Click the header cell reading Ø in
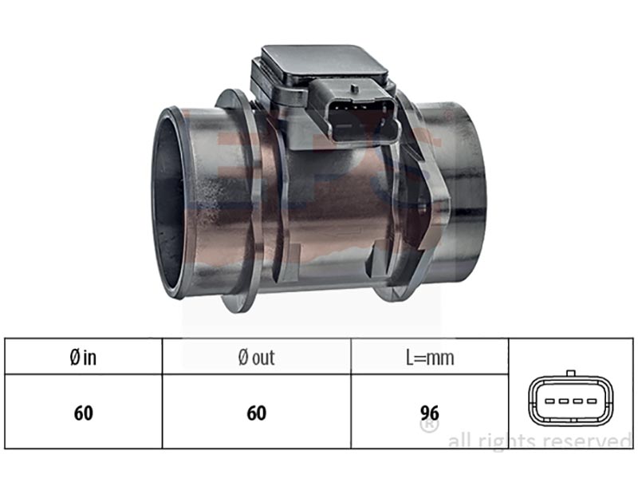coord(83,358)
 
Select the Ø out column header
coord(256,358)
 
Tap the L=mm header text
coord(430,358)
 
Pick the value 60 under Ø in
coord(84,413)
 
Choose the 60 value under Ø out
coord(256,413)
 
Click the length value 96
coord(430,413)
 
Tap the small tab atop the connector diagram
coord(571,373)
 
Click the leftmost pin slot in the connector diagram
coord(550,402)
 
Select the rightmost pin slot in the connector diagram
coord(591,402)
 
